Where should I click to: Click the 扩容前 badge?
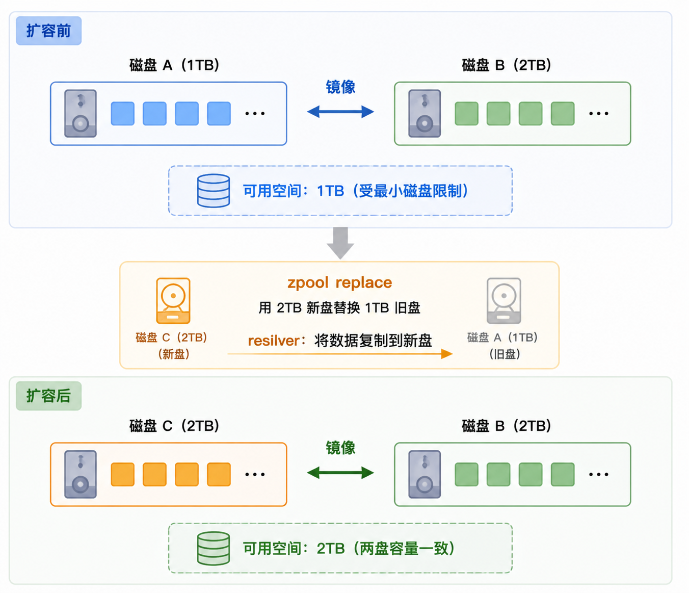click(x=48, y=31)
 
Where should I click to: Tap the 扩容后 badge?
click(x=48, y=396)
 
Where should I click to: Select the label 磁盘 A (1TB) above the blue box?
click(x=174, y=65)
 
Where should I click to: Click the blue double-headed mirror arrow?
click(x=340, y=112)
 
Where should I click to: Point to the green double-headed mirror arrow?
click(x=340, y=472)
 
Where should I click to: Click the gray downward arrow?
click(x=340, y=243)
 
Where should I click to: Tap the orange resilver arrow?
click(x=340, y=353)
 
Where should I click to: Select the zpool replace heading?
click(x=340, y=283)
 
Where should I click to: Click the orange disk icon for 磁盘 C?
click(x=173, y=300)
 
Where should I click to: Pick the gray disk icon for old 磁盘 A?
click(x=504, y=300)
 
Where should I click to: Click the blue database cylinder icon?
click(x=214, y=191)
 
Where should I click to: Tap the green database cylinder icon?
click(x=214, y=548)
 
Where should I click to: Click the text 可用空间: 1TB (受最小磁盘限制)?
click(x=355, y=191)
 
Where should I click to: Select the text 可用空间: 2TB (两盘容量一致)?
click(x=349, y=548)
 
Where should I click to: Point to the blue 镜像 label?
click(x=340, y=87)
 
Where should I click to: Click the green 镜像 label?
click(x=340, y=448)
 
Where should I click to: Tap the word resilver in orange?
click(x=274, y=341)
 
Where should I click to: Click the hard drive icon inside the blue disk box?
click(x=81, y=113)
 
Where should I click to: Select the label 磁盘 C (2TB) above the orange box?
click(x=174, y=426)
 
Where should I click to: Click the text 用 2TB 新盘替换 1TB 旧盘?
click(x=339, y=307)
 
